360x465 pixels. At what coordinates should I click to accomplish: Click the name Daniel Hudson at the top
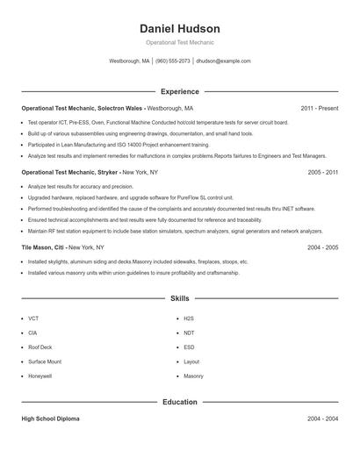click(x=179, y=29)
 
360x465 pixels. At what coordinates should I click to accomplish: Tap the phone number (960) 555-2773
click(x=172, y=61)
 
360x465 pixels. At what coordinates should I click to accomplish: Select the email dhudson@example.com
click(x=223, y=61)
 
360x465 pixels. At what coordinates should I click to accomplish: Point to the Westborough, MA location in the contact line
click(x=129, y=61)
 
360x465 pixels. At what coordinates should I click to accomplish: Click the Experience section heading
click(x=179, y=91)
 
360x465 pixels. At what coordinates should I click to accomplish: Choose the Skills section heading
click(x=179, y=298)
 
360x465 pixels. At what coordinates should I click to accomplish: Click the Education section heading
click(x=179, y=402)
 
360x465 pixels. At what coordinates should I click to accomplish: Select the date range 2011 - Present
click(x=319, y=108)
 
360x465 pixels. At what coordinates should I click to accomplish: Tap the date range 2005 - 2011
click(x=323, y=173)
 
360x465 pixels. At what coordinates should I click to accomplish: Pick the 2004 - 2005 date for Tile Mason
click(x=323, y=247)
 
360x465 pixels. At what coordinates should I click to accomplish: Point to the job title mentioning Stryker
click(x=69, y=173)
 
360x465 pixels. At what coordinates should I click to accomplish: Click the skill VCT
click(x=33, y=318)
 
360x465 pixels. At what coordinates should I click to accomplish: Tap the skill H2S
click(x=189, y=318)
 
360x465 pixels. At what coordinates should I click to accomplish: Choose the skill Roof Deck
click(x=40, y=347)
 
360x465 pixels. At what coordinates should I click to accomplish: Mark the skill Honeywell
click(x=40, y=376)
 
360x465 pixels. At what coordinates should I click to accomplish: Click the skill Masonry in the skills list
click(x=193, y=376)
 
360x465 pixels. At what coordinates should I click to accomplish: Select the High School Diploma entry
click(x=50, y=418)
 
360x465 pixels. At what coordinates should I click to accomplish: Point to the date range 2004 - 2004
click(x=323, y=418)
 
